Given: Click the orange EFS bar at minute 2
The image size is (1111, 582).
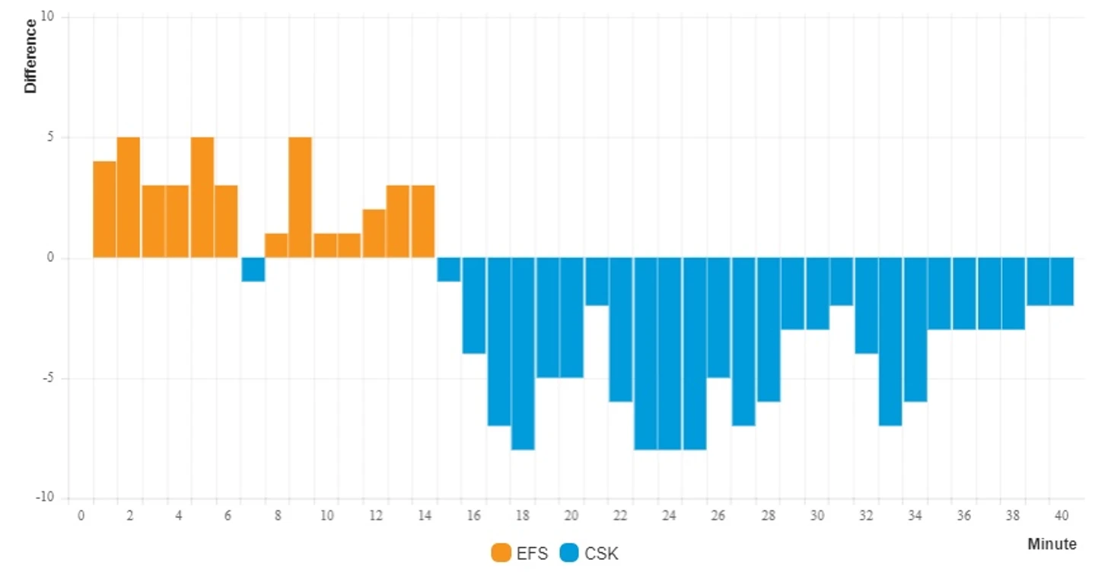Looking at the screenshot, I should tap(129, 198).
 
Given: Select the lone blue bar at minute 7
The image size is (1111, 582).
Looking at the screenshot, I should tap(253, 269).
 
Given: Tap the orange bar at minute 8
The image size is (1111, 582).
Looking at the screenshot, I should tap(276, 246).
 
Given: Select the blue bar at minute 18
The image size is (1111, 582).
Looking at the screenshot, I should tap(523, 354).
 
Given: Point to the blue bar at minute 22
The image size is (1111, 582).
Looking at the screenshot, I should tap(621, 329).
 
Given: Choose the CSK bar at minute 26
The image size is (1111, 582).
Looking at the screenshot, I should tap(719, 317).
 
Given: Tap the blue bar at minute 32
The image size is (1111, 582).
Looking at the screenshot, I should tap(866, 306).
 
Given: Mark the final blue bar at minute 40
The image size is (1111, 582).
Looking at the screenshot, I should tap(1062, 281).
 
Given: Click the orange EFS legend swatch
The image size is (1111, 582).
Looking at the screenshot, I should tap(501, 554).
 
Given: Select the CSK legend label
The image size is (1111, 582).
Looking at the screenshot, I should tap(601, 554).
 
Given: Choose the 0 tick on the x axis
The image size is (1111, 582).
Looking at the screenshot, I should tap(81, 516).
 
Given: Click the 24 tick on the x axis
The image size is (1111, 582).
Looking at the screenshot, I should tap(669, 516).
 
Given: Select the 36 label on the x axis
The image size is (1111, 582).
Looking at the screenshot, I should tap(963, 516).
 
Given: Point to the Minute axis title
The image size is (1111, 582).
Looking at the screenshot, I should tap(1052, 544).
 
